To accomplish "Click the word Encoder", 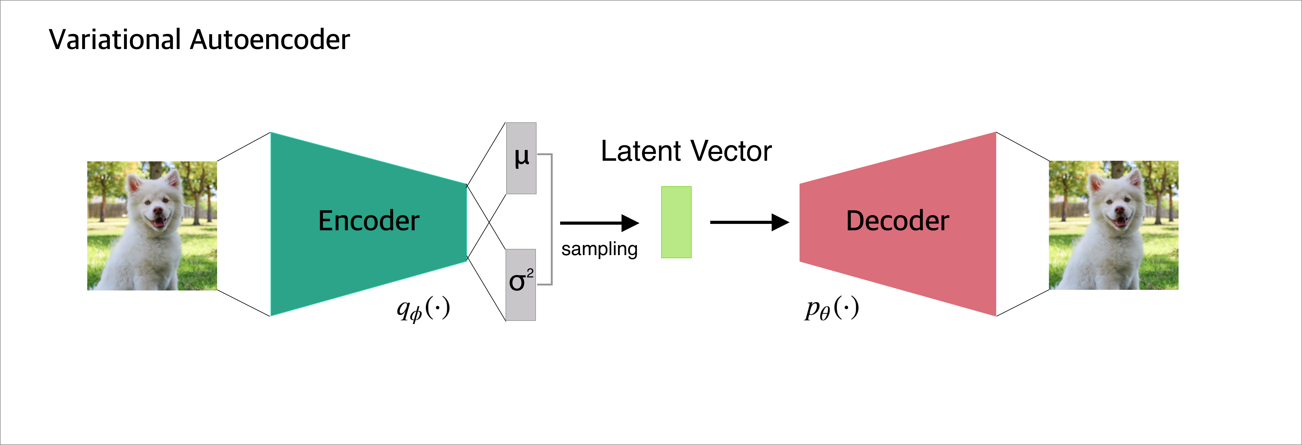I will tap(368, 221).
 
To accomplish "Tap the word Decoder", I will tap(897, 221).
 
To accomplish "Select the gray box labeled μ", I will tap(521, 158).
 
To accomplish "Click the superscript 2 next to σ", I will tap(530, 273).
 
